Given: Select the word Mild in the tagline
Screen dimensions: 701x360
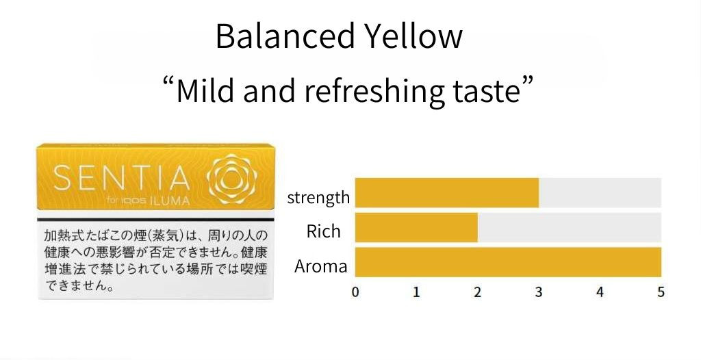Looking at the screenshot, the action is pyautogui.click(x=205, y=90).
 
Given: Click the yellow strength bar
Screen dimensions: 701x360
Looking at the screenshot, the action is pyautogui.click(x=446, y=193).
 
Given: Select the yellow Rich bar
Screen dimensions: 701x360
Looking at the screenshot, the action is pyautogui.click(x=416, y=227).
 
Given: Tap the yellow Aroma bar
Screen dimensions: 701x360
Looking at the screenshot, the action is pyautogui.click(x=508, y=262).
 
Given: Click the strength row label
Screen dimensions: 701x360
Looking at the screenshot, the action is pyautogui.click(x=318, y=197).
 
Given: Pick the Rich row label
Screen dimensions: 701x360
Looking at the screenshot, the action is pyautogui.click(x=323, y=231).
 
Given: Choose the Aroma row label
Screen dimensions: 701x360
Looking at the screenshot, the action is pyautogui.click(x=320, y=266).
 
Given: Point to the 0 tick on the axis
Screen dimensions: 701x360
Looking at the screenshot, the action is pyautogui.click(x=355, y=292).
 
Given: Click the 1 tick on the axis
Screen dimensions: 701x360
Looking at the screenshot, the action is pyautogui.click(x=416, y=292).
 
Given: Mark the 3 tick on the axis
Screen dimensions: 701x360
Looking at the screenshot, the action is pyautogui.click(x=539, y=292).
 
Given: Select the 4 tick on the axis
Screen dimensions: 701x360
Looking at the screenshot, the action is pyautogui.click(x=600, y=292).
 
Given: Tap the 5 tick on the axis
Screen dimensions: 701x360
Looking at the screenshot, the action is pyautogui.click(x=661, y=292).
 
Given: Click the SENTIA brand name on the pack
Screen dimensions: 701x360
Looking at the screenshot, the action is pyautogui.click(x=122, y=178).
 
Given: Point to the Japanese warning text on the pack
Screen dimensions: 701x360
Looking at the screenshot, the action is pyautogui.click(x=155, y=260).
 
